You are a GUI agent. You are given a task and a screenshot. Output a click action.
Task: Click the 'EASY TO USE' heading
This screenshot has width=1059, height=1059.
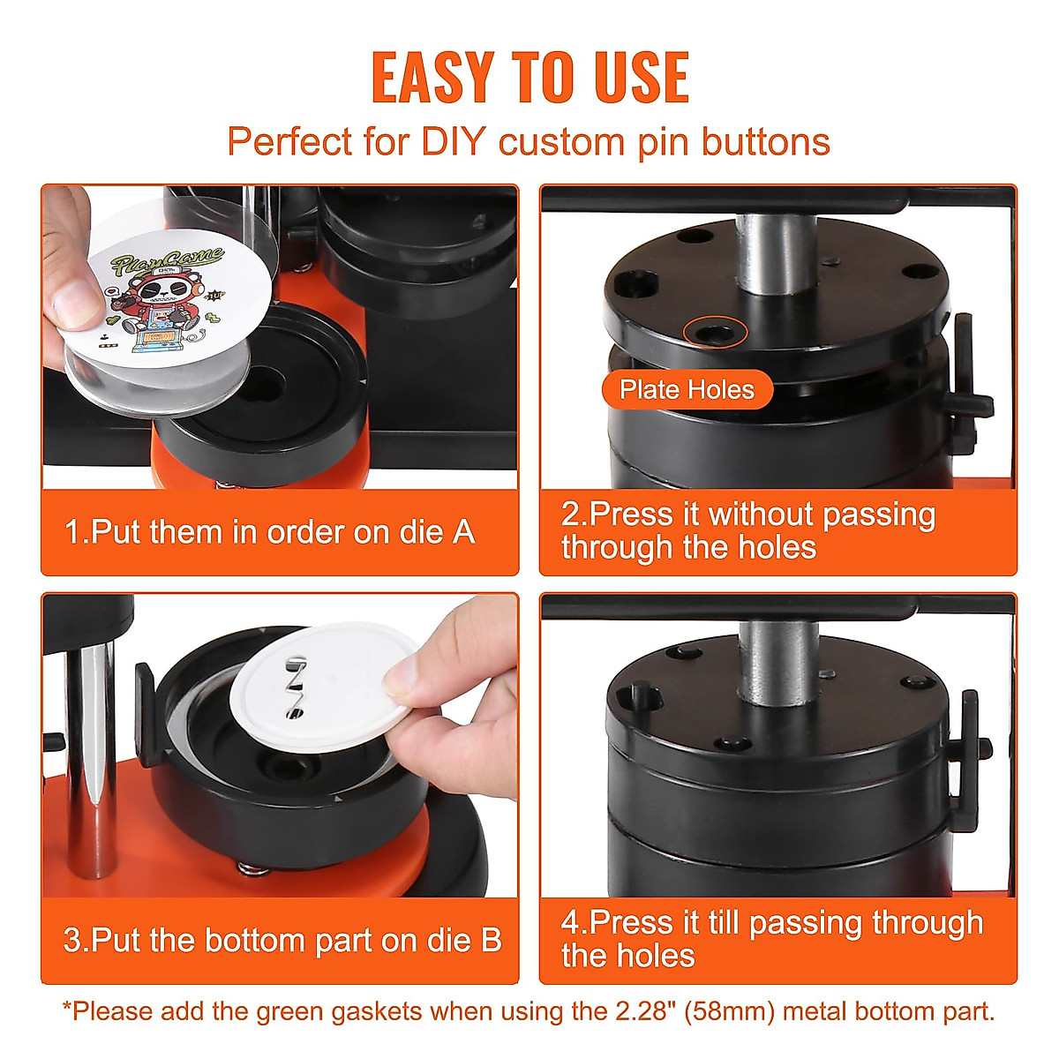(x=529, y=78)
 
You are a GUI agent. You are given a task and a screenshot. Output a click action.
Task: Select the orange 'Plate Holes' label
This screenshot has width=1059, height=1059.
(x=687, y=390)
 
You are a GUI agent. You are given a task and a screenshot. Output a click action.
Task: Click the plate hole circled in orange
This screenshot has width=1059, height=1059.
(x=715, y=333)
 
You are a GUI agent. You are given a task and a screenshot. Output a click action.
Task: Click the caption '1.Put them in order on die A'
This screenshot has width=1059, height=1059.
(x=269, y=532)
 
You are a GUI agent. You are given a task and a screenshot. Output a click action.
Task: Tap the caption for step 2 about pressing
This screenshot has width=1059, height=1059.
(x=748, y=530)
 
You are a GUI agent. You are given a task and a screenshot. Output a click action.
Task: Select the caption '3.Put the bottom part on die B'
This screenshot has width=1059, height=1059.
(x=282, y=940)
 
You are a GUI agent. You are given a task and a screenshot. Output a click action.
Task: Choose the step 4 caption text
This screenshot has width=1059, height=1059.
(x=772, y=939)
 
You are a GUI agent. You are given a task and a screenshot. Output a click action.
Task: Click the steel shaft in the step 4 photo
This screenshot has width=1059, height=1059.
(x=776, y=662)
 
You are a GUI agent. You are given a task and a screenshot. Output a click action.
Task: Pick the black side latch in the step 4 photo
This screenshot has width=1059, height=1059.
(x=968, y=750)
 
